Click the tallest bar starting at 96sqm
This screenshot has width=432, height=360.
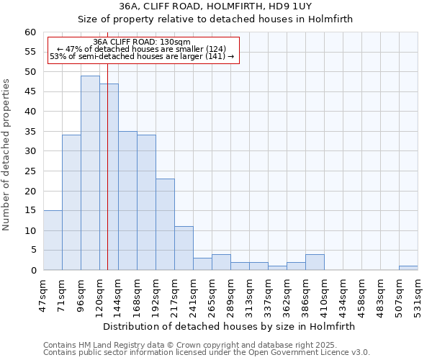[90, 173]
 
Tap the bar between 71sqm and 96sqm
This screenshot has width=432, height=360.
[71, 202]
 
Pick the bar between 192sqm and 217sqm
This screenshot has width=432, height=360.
[165, 224]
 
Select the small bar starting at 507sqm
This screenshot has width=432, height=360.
[408, 268]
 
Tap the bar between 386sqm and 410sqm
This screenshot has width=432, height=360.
[315, 262]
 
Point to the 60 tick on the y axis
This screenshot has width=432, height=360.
[30, 32]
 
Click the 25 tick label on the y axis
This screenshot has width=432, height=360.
[30, 171]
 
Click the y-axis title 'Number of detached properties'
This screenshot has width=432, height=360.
[6, 155]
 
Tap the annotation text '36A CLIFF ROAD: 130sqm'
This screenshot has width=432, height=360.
[142, 42]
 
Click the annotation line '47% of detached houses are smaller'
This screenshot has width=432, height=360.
[142, 49]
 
